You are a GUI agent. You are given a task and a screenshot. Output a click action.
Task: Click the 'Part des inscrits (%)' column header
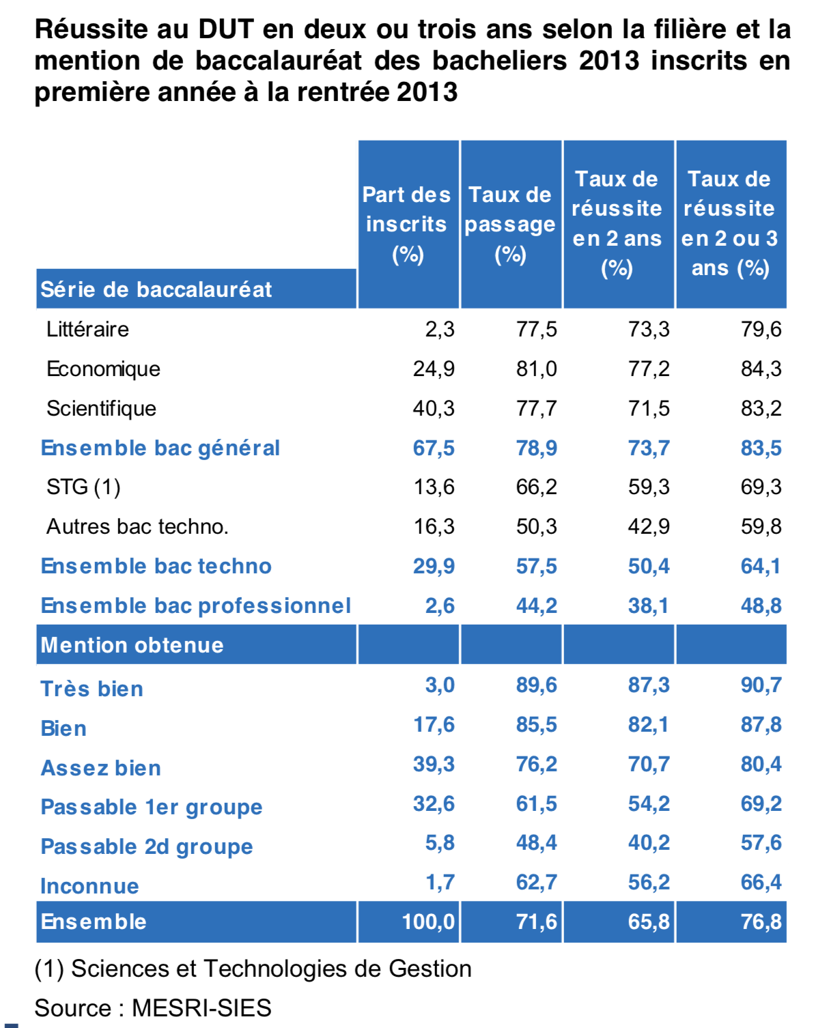(x=407, y=224)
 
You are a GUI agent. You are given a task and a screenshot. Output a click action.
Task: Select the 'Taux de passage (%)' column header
(x=510, y=224)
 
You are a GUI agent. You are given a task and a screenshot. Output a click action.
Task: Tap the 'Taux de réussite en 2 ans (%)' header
(x=617, y=224)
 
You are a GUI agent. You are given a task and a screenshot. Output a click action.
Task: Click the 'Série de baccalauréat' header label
(x=156, y=289)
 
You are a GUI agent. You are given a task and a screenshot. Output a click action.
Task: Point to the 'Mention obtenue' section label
(x=132, y=645)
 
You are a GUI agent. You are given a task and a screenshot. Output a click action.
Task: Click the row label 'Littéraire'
(x=87, y=329)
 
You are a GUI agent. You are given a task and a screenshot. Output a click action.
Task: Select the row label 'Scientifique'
(x=101, y=408)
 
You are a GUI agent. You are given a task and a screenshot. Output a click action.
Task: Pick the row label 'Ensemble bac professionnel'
(x=195, y=605)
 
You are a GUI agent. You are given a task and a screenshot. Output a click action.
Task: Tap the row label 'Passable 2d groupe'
(x=147, y=846)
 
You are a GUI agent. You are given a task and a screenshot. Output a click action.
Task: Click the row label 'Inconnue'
(x=89, y=886)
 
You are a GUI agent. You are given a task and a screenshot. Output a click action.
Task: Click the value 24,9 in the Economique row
(x=434, y=369)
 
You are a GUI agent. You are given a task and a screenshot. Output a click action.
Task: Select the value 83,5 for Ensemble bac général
(x=761, y=448)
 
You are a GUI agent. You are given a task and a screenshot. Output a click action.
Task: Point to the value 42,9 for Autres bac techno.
(x=649, y=526)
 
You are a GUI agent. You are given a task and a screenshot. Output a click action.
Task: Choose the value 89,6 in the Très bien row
(x=536, y=685)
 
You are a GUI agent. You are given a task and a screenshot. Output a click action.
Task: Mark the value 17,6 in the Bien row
(x=434, y=724)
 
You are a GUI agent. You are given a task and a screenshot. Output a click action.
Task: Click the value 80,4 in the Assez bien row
(x=761, y=764)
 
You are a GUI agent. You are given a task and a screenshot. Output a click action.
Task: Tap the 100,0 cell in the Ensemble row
(x=428, y=922)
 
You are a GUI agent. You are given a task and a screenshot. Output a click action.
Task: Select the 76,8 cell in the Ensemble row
(x=761, y=922)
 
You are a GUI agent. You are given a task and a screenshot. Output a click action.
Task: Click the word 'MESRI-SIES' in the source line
(x=201, y=1008)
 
